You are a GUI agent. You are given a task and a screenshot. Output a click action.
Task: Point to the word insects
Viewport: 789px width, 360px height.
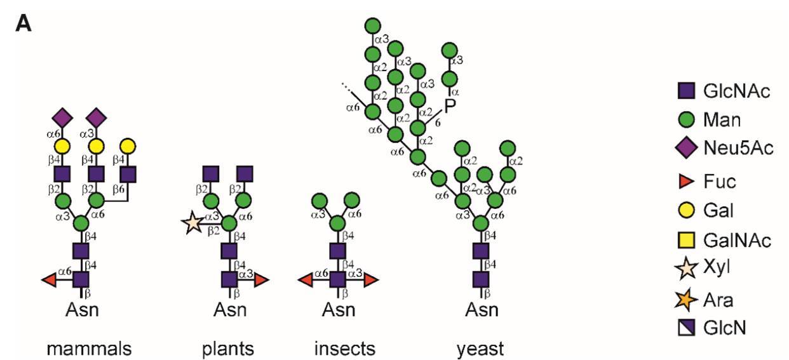(x=344, y=349)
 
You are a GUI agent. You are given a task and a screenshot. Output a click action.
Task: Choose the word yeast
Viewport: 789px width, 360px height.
(x=481, y=349)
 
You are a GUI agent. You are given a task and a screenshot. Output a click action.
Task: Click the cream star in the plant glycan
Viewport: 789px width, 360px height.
(x=192, y=223)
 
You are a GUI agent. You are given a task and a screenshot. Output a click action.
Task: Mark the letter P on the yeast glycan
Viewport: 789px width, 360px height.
(x=450, y=107)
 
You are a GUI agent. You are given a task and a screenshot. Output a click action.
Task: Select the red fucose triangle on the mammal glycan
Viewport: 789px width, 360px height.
(x=49, y=279)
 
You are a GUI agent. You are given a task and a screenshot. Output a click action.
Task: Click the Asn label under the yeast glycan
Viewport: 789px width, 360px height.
(x=481, y=310)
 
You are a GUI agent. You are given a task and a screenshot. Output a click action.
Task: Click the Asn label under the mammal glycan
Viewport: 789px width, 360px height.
(x=81, y=310)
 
